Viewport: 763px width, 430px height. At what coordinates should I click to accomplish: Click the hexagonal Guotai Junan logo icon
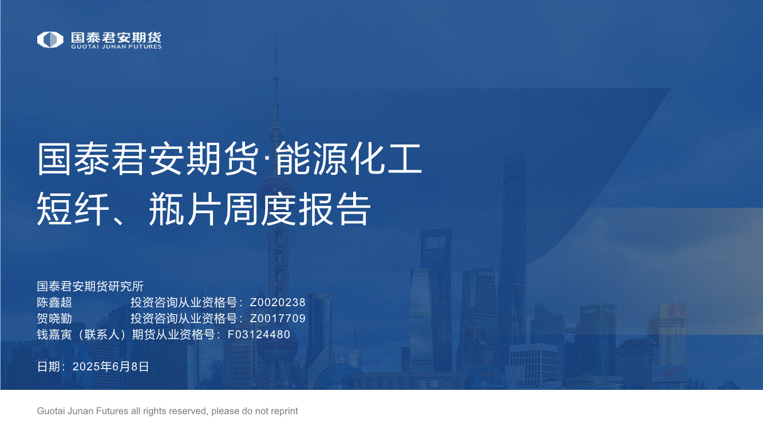click(50, 40)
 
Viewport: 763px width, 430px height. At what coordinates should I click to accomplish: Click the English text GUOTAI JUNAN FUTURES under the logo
click(116, 46)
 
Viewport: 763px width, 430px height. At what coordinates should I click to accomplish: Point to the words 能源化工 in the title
click(349, 159)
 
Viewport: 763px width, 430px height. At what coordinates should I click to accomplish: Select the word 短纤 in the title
click(73, 208)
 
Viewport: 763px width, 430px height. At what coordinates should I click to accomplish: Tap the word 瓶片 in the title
click(183, 208)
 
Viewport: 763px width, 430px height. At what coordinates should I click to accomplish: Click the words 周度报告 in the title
click(297, 208)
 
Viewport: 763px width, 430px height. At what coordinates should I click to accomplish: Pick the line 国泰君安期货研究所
click(90, 286)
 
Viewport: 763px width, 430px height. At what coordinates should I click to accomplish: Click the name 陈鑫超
click(54, 302)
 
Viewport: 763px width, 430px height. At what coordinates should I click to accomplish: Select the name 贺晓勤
click(54, 318)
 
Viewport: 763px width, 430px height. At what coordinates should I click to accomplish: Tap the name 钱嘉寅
click(54, 334)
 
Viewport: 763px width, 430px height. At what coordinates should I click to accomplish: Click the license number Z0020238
click(278, 303)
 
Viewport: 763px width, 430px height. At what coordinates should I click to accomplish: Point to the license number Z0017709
click(278, 319)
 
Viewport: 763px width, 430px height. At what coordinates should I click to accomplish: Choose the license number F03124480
click(259, 335)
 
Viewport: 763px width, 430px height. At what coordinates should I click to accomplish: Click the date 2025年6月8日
click(110, 367)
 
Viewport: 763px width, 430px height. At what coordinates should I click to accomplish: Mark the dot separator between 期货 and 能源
click(267, 159)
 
